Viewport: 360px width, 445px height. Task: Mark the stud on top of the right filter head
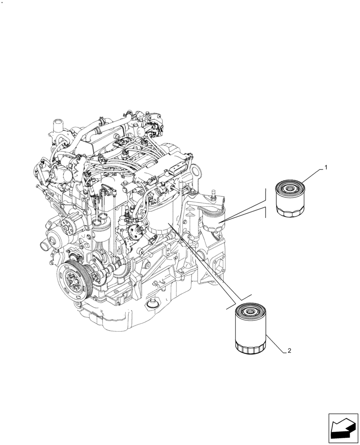(x=214, y=194)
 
